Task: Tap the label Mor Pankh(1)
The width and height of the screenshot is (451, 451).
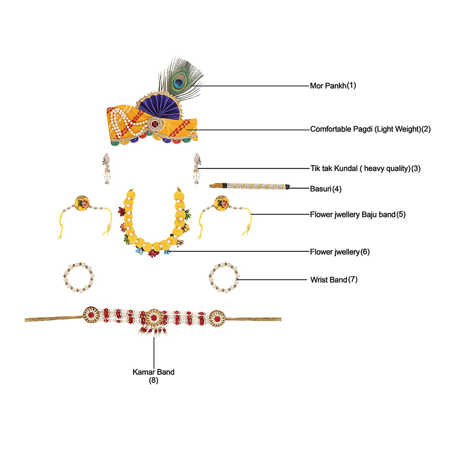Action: click(x=333, y=86)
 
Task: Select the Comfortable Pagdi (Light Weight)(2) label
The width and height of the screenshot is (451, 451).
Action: click(x=370, y=129)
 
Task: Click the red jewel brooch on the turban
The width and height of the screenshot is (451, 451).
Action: click(x=154, y=123)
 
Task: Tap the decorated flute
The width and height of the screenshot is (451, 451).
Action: click(x=250, y=186)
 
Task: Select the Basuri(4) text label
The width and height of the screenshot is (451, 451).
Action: click(x=325, y=189)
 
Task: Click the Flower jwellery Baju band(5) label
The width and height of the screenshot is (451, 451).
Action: click(x=357, y=215)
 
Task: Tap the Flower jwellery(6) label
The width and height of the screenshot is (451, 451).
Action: click(x=340, y=252)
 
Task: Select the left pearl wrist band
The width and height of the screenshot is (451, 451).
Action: click(x=78, y=278)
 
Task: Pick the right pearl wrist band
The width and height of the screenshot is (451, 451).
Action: click(x=224, y=278)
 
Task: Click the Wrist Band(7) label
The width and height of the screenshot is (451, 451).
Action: click(x=334, y=280)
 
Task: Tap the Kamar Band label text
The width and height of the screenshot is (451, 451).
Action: click(x=153, y=372)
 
